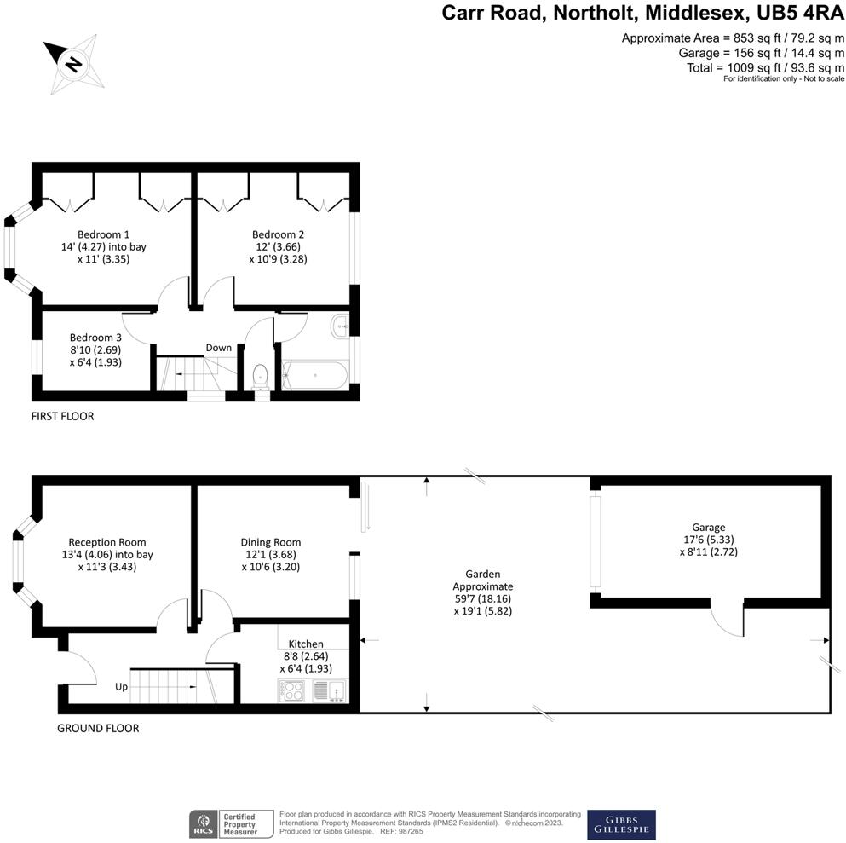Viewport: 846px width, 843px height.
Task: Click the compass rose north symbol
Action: (x=74, y=64)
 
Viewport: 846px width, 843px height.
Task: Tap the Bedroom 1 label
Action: (x=103, y=234)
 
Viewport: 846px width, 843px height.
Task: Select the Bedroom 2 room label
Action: (x=278, y=234)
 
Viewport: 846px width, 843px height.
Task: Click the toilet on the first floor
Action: (x=262, y=375)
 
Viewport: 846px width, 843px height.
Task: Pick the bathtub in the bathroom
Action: (x=314, y=374)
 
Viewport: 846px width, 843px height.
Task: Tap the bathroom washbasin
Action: (x=341, y=324)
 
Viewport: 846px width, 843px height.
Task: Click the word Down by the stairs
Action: (x=218, y=348)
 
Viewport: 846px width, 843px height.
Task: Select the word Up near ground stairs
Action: (x=122, y=686)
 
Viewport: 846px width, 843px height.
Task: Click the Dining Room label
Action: (x=271, y=542)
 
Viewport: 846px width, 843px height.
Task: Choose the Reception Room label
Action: (x=107, y=542)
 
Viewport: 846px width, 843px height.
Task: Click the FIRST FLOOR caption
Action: (x=62, y=417)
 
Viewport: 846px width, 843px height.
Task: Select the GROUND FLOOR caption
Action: (x=98, y=728)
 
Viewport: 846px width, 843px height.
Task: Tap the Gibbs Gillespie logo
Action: (x=622, y=824)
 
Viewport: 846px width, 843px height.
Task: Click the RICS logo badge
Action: (x=203, y=825)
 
